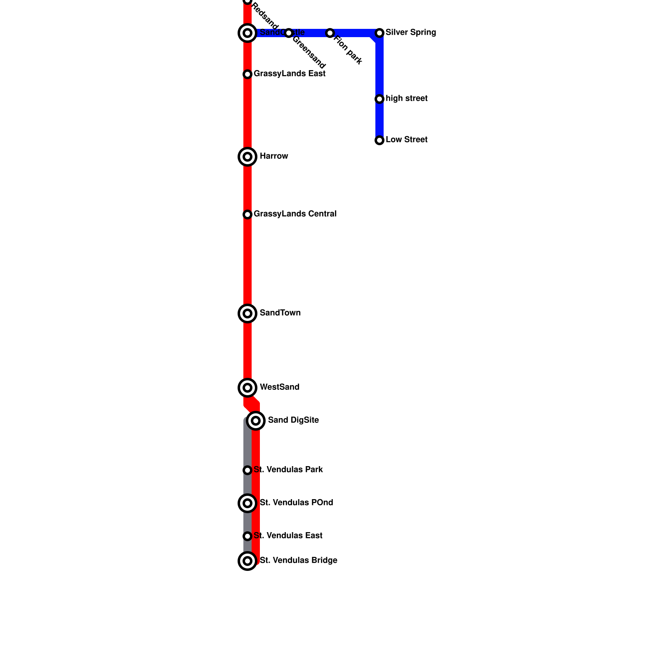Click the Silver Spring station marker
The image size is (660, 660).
379,33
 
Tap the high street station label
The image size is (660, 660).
406,99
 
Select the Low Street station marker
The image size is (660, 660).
379,140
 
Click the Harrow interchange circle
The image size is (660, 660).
247,157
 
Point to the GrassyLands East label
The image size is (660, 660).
289,74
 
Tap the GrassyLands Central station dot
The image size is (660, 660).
247,214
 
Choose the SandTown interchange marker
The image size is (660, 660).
247,313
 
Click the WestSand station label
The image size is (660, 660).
279,387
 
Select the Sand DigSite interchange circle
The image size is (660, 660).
256,421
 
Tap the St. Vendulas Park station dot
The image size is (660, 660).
247,470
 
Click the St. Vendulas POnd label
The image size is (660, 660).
296,503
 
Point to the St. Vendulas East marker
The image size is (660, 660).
247,536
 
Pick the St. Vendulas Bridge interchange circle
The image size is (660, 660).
247,561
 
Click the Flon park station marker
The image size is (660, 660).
330,33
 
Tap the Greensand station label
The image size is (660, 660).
309,52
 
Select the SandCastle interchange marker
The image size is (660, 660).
247,33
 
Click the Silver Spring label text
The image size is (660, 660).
410,33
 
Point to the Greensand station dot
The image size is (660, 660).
289,33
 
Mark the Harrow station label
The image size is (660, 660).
274,156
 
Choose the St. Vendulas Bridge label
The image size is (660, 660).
298,561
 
